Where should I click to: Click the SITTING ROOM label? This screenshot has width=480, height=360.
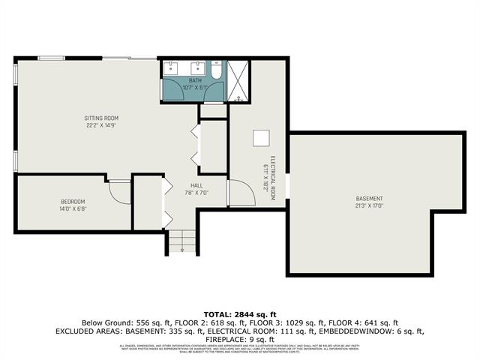(100, 118)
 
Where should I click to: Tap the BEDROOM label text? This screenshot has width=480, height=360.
(73, 202)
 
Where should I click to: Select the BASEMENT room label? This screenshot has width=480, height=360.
(369, 198)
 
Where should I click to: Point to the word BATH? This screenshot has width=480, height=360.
(195, 80)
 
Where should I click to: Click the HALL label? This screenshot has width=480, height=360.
(196, 185)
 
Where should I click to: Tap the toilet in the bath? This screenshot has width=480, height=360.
(215, 73)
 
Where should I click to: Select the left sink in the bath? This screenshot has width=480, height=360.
(172, 67)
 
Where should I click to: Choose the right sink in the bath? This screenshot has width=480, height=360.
(197, 67)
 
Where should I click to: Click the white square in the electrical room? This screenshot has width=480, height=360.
(261, 139)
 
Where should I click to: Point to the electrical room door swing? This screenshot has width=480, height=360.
(238, 193)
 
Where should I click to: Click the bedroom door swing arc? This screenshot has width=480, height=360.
(120, 191)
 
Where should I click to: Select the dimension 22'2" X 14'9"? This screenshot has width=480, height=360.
(100, 125)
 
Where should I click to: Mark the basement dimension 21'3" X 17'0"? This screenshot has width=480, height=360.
(369, 205)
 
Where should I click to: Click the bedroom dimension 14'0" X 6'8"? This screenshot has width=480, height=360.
(73, 208)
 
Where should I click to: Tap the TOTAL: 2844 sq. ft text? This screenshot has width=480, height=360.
(240, 313)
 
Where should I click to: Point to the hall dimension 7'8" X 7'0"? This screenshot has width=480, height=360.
(196, 192)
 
